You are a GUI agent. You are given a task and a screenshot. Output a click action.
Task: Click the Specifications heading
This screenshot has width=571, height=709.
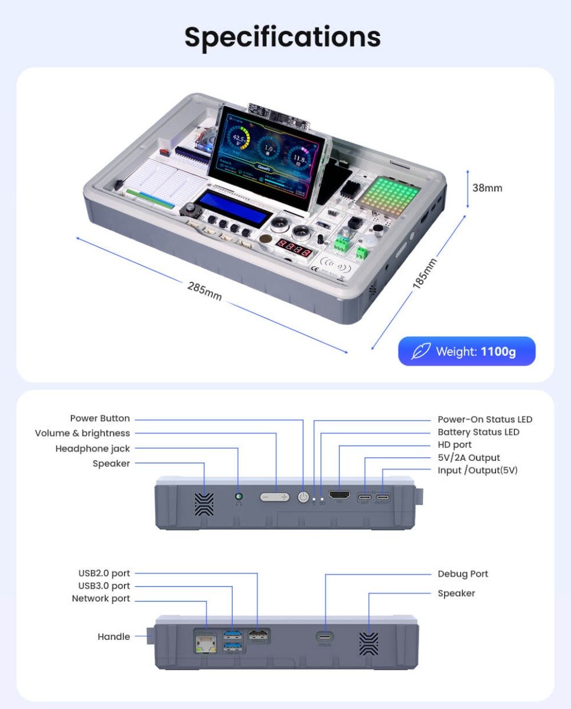pos(282,37)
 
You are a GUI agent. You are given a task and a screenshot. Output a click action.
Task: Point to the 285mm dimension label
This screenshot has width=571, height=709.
pos(204,291)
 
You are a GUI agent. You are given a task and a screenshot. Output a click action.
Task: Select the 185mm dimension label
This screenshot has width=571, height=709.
pos(425,273)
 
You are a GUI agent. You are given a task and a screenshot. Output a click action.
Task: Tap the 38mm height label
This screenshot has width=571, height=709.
pos(487,188)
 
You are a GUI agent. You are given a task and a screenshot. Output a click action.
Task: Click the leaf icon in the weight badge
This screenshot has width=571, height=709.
pos(420,352)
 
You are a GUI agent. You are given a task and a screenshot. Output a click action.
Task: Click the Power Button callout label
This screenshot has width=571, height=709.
pos(100,418)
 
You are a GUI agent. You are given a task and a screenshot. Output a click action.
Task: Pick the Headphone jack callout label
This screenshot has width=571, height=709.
pos(92,448)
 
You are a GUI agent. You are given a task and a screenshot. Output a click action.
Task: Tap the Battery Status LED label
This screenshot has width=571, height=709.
pos(478,432)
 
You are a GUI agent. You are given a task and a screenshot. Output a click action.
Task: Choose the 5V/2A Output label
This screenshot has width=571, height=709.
pos(468,457)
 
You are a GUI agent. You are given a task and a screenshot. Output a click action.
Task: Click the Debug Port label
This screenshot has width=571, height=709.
pos(462,574)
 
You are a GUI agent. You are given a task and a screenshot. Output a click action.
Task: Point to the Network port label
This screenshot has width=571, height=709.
pos(100,599)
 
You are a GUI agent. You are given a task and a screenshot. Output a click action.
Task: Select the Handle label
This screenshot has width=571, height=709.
pos(113,636)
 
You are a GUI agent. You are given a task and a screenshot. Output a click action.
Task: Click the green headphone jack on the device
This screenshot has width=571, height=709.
pos(239,497)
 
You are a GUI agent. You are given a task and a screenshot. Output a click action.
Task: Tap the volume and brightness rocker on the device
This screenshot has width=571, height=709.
pos(276,497)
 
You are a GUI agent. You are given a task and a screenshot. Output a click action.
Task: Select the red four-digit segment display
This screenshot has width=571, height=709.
pos(295,245)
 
